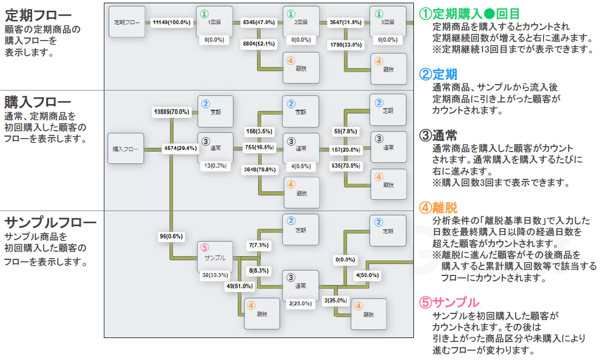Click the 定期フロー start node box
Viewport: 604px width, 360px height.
point(127,22)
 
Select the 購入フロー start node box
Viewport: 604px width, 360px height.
point(126,148)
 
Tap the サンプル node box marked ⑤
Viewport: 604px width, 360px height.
point(215,257)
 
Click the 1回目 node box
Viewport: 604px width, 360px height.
point(214,22)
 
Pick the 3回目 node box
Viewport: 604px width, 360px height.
point(388,22)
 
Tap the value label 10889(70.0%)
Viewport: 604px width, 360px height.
point(171,111)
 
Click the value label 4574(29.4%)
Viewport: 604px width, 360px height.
point(180,148)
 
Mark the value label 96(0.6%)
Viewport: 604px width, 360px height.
point(171,236)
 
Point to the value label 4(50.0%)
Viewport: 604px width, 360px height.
point(367,275)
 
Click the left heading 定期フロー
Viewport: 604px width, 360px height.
point(37,13)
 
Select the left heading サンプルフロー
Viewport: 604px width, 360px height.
point(50,222)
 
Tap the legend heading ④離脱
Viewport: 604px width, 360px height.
point(438,207)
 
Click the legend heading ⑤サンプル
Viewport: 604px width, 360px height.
point(449,302)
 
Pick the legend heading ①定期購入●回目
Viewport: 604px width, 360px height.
point(470,13)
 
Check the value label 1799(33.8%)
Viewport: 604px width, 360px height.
point(345,44)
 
